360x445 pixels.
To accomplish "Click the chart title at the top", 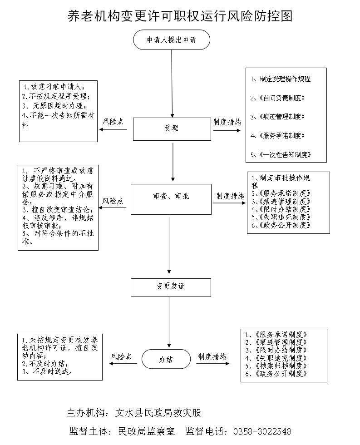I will click(x=180, y=16).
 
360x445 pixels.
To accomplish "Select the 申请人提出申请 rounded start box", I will click(x=172, y=40).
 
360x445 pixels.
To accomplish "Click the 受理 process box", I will click(x=172, y=129).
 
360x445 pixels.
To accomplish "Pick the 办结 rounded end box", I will click(x=166, y=359).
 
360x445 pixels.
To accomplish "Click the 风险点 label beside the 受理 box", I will click(x=113, y=122).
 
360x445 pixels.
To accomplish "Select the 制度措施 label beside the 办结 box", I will click(x=212, y=357).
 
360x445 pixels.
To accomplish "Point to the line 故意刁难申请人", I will click(x=54, y=86).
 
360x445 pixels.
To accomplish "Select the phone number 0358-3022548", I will click(x=262, y=431).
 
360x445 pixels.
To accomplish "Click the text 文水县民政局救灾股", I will click(x=158, y=413).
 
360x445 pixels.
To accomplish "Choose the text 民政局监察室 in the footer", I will click(x=146, y=431).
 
